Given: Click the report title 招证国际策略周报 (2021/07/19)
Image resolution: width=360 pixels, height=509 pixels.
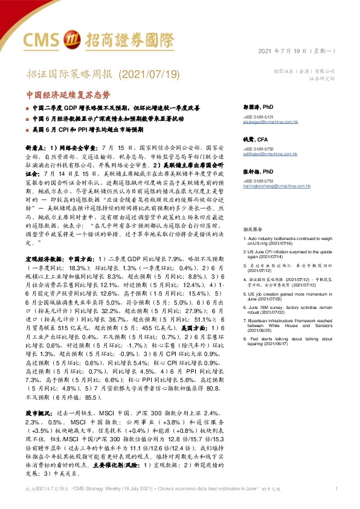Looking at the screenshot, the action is [x=103, y=74].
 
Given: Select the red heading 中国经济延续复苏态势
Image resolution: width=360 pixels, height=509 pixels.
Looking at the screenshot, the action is [x=68, y=96].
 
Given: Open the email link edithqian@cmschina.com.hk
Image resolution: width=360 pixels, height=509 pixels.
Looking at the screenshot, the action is [x=266, y=155].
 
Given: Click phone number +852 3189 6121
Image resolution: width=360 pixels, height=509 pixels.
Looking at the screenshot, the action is [x=258, y=116].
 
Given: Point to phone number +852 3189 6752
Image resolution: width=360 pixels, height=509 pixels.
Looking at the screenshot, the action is [x=258, y=149].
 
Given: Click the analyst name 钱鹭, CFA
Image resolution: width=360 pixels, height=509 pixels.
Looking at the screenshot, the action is [x=254, y=139].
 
